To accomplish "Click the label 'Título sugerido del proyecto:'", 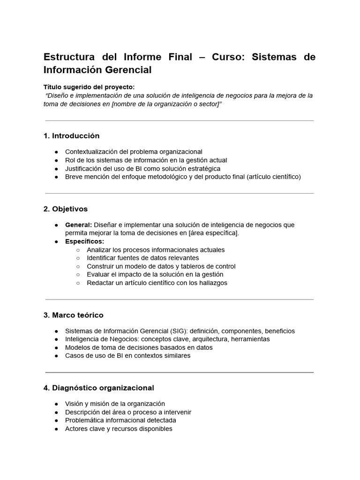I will tap(89, 87).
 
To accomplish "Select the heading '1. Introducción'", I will tap(71, 136).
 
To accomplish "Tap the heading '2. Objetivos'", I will tap(65, 209).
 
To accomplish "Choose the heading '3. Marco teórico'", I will tap(73, 315).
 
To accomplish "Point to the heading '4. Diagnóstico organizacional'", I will tap(98, 388).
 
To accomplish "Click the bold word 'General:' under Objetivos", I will tap(78, 225).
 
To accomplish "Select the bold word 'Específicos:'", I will tap(84, 241).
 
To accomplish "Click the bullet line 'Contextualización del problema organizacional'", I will tap(134, 152).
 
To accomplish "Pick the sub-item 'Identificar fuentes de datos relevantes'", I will tap(143, 258).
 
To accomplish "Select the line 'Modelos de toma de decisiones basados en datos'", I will tap(139, 347).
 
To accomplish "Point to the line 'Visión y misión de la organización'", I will tap(115, 404).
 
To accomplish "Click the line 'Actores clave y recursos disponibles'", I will tap(119, 429).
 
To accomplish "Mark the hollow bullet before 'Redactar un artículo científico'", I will tap(78, 283).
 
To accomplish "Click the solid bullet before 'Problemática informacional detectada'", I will tap(56, 420).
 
